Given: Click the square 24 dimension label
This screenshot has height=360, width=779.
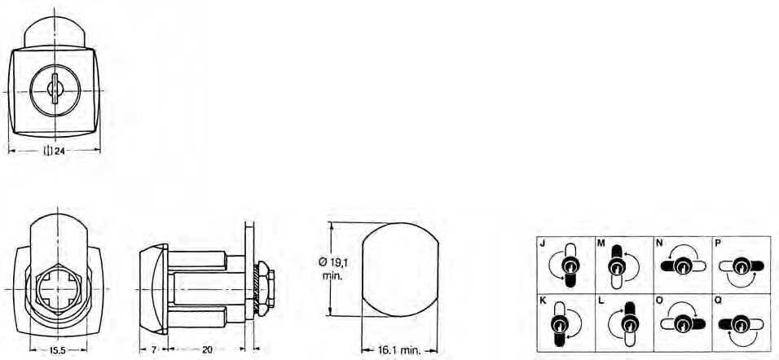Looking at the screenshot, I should [x=55, y=151].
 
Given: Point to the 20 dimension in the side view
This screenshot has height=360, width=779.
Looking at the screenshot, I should [x=207, y=349].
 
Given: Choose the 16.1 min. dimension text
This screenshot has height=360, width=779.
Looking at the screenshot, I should [x=398, y=350].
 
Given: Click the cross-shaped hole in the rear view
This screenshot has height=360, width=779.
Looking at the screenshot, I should [x=55, y=290].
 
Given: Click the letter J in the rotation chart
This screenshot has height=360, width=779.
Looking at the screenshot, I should [x=542, y=244].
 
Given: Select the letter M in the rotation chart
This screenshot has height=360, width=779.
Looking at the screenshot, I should [x=601, y=244].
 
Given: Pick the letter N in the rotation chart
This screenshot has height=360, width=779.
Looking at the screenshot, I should [x=658, y=244].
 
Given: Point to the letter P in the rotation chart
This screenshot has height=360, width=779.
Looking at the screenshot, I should [x=717, y=244].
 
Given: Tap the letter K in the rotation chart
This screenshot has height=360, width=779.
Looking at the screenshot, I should [x=542, y=301].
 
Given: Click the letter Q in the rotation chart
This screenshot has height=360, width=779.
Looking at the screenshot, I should [x=717, y=301].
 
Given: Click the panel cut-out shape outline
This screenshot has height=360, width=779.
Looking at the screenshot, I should [x=398, y=269].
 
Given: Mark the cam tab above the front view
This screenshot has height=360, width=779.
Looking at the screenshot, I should [x=55, y=33].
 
